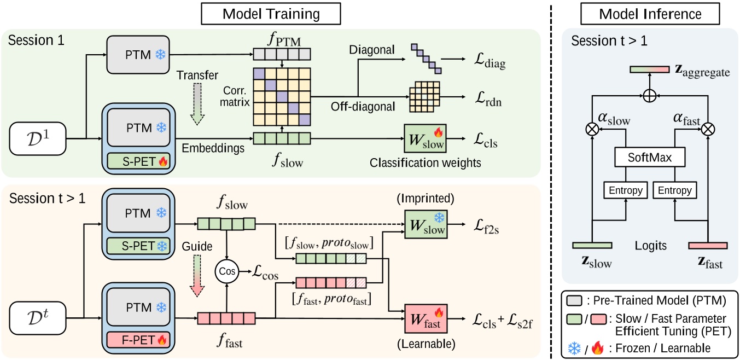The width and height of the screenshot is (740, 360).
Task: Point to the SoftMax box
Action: click(x=650, y=158)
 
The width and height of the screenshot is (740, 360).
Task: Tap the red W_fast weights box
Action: click(x=426, y=318)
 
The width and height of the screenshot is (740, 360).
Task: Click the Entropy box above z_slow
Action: click(x=623, y=190)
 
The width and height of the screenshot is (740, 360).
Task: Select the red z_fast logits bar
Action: click(x=708, y=246)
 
